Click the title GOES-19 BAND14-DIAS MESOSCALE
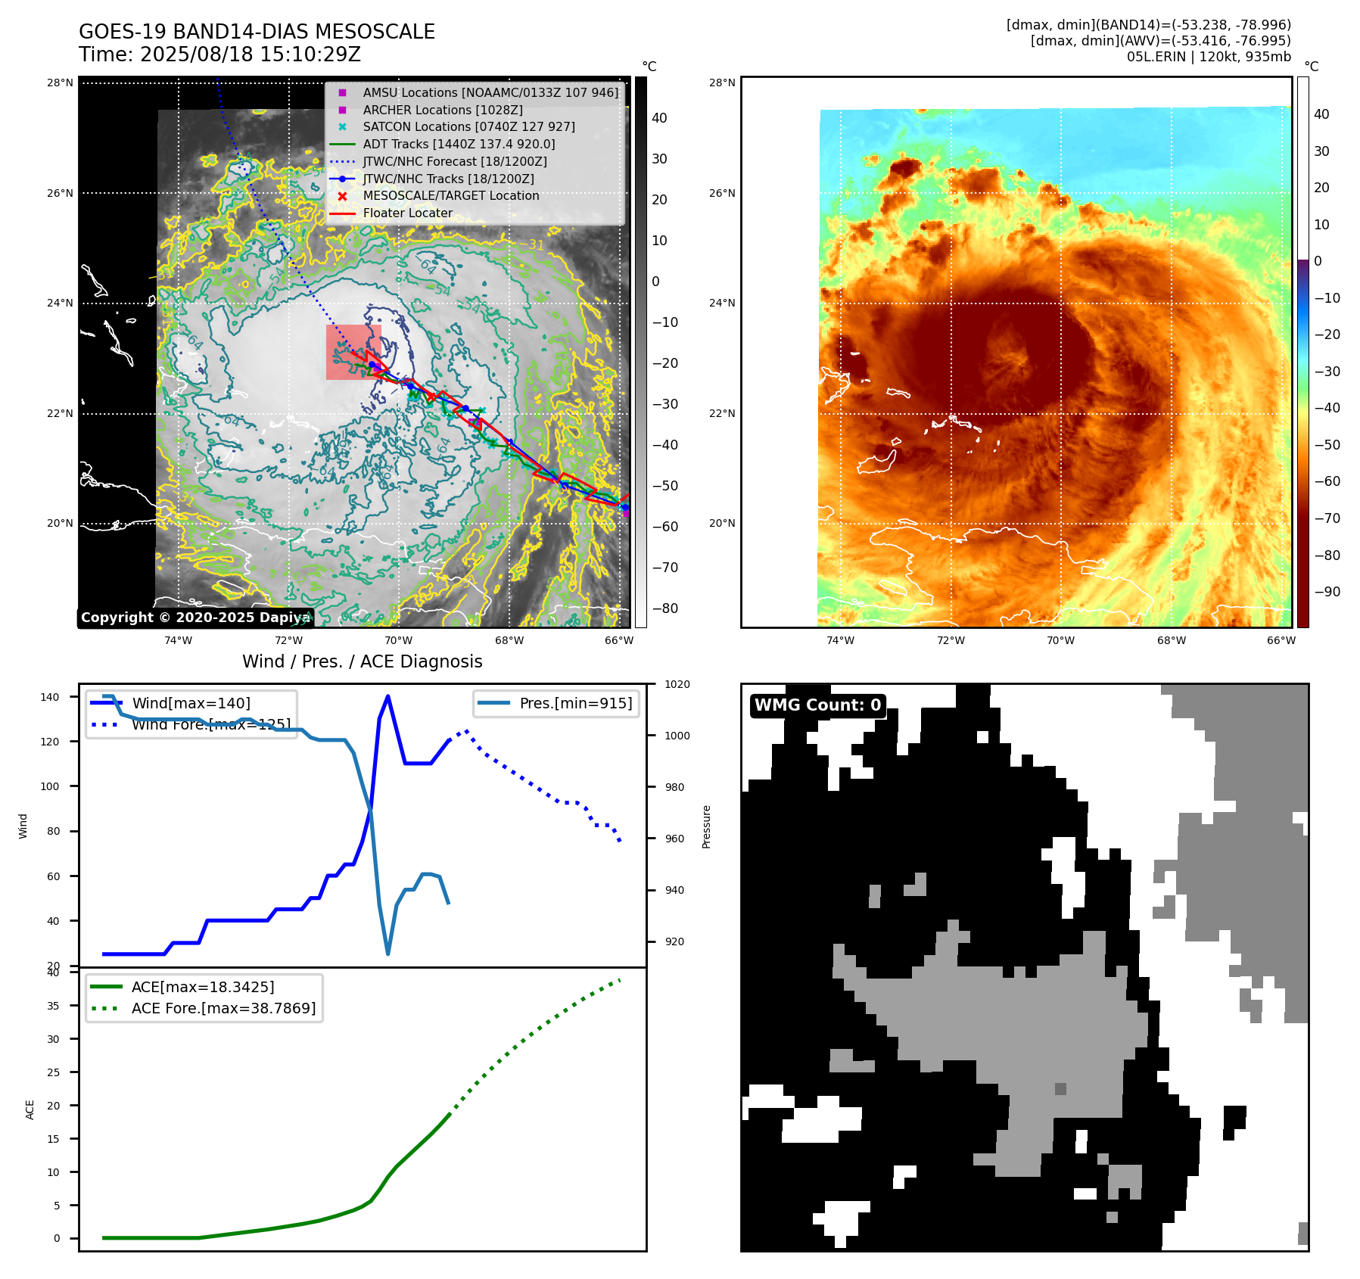pos(257,32)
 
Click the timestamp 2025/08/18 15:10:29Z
pos(250,54)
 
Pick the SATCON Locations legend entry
pos(468,126)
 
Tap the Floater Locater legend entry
pos(407,213)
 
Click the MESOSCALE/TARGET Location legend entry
pos(451,195)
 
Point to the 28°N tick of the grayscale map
pos(61,82)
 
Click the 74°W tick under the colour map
pos(840,640)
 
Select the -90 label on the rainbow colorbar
pos(1327,592)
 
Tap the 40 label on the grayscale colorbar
pos(659,118)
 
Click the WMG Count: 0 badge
pos(817,705)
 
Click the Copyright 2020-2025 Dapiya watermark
pos(195,618)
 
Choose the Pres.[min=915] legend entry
pos(575,703)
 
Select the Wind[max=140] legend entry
pos(191,703)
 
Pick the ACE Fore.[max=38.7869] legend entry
pos(223,1008)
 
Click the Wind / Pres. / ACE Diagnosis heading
pos(362,661)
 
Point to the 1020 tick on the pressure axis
pos(677,684)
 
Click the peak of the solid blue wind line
pos(387,696)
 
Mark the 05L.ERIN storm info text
pos(1208,57)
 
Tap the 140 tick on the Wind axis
pos(49,697)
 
